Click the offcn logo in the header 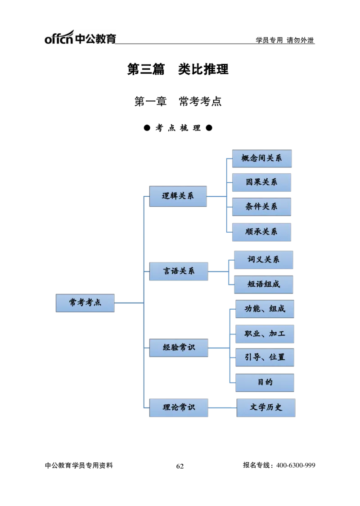pos(80,37)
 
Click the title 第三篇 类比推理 pos(178,69)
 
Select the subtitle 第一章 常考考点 pos(178,101)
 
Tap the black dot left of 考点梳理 pos(147,128)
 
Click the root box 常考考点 pos(85,303)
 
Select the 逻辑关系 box pos(178,196)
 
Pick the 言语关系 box pos(178,271)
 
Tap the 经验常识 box pos(178,348)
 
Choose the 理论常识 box pos(178,407)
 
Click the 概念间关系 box pos(261,158)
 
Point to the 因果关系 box pos(261,182)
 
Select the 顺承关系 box pos(261,232)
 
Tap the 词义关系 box pos(263,260)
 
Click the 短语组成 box pos(263,285)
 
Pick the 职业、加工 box pos(265,334)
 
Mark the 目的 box pos(265,383)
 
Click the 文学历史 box pos(266,407)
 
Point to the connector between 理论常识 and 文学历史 pos(222,407)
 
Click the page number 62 pos(180,466)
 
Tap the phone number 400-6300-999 pos(296,465)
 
